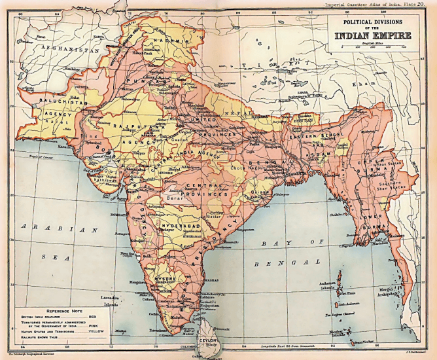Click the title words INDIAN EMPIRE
pos(371,35)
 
